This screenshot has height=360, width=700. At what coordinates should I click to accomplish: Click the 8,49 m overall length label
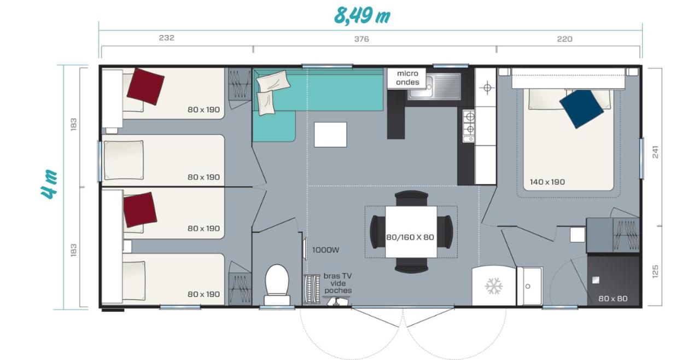[x=362, y=15]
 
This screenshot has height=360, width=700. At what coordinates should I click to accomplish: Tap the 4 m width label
[x=49, y=185]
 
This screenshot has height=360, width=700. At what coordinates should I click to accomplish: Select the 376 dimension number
[x=361, y=39]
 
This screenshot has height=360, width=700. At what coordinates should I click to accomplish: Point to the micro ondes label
[x=407, y=78]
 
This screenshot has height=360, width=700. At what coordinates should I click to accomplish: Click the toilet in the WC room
[x=277, y=284]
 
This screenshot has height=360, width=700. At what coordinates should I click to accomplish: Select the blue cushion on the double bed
[x=581, y=108]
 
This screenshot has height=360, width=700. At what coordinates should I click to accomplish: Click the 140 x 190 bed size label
[x=547, y=182]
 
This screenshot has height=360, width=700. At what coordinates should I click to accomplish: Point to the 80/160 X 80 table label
[x=410, y=237]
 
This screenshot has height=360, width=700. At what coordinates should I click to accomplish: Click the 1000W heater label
[x=325, y=250]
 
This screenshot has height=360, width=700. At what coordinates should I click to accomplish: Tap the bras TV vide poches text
[x=338, y=283]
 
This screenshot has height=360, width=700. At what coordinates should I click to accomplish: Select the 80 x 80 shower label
[x=613, y=299]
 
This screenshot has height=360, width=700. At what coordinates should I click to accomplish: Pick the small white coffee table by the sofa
[x=330, y=135]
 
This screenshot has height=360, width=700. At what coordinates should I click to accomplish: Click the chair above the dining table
[x=411, y=198]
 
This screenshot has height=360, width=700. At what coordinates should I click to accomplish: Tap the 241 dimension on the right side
[x=655, y=152]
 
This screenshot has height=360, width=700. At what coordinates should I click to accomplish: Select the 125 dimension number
[x=655, y=271]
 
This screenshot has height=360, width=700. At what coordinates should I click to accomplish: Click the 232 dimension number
[x=167, y=38]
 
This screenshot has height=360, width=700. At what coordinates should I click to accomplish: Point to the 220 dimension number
[x=565, y=39]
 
